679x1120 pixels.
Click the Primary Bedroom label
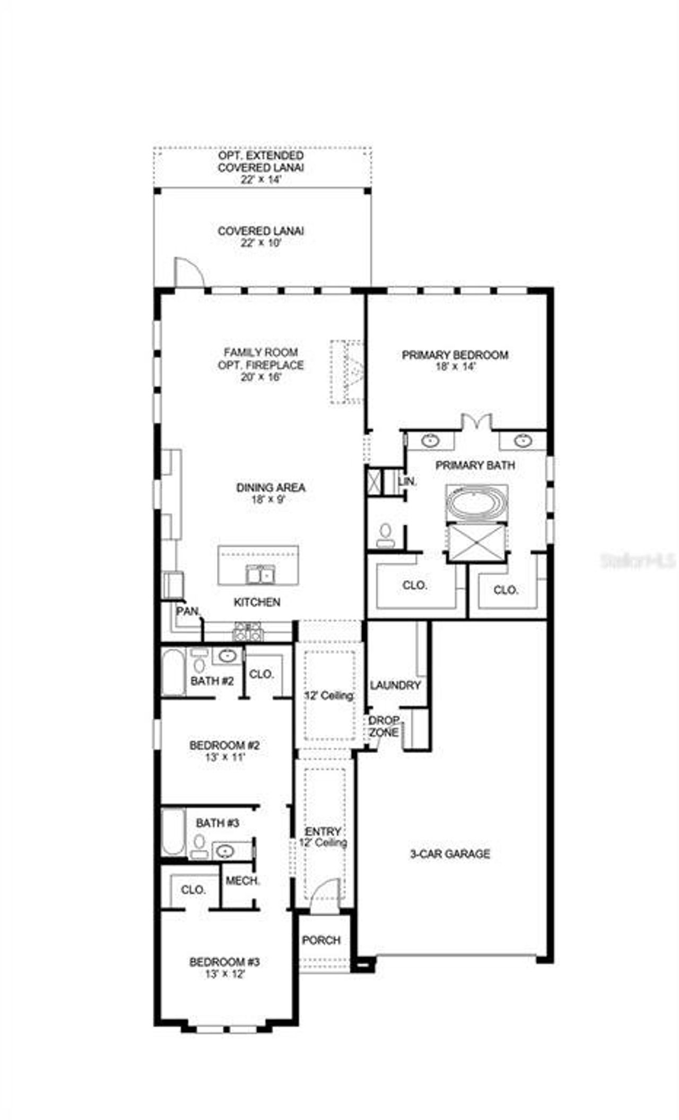coord(455,355)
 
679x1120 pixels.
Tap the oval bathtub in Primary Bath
coord(476,502)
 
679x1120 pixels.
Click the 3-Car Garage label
coord(450,854)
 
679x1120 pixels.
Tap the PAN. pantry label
coord(187,611)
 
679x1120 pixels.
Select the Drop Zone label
coord(384,727)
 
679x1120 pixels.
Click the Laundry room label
coord(395,685)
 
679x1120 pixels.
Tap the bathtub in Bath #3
coord(173,832)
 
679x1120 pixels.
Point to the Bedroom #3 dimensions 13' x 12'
coord(225,975)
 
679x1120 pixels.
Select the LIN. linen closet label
coord(407,482)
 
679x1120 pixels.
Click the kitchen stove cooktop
coord(248,632)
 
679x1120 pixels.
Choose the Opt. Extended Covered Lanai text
coord(260,161)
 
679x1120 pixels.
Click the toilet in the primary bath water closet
coord(385,534)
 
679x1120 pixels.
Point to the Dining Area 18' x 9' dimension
coord(271,499)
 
